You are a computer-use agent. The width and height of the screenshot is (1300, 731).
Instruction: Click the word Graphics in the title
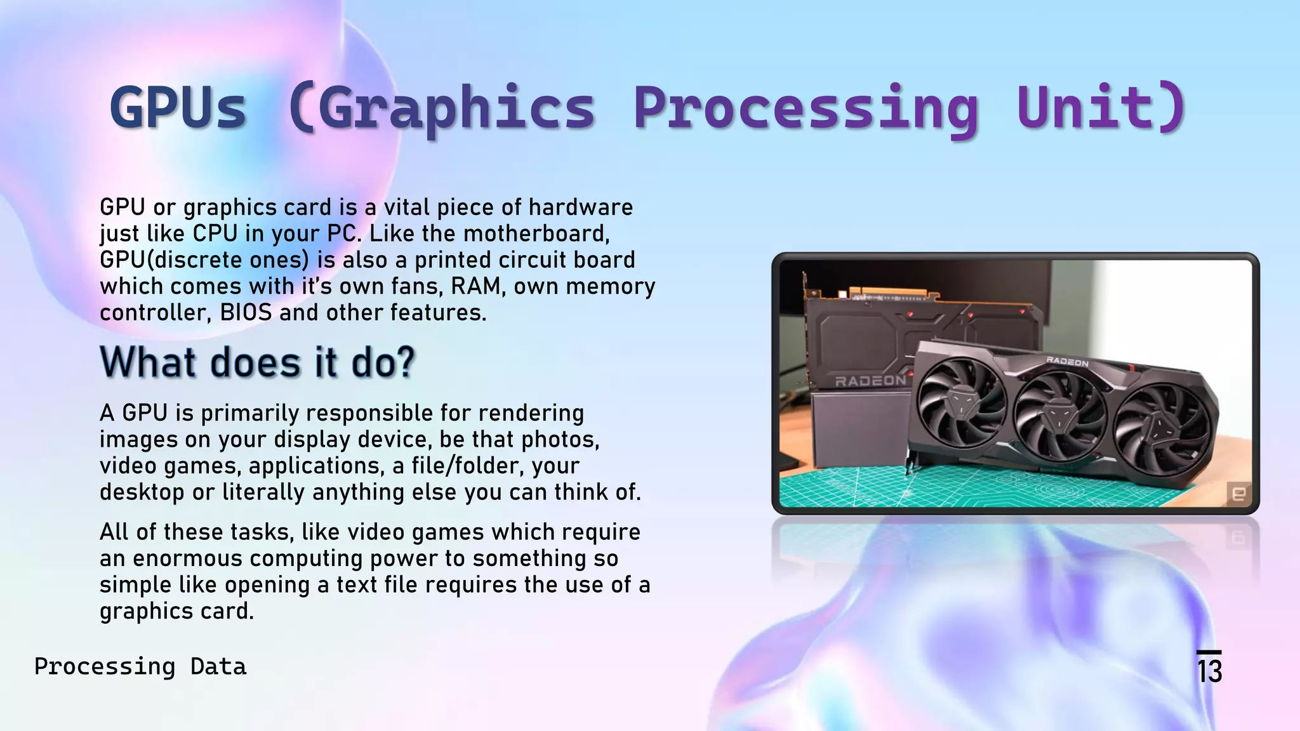pos(442,108)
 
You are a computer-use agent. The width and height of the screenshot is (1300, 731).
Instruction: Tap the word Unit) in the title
pos(1101,108)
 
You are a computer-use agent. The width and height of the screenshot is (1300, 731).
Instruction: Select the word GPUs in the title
pos(178,108)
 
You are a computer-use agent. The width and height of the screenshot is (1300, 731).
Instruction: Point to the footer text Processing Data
pos(140,666)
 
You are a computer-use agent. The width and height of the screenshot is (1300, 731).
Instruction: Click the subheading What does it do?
pos(257,362)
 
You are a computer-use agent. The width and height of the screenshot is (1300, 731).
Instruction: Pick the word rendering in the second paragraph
pos(531,413)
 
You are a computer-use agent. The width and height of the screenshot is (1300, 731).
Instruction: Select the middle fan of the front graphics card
pos(1059,416)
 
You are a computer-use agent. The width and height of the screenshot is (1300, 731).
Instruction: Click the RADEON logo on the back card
pos(870,381)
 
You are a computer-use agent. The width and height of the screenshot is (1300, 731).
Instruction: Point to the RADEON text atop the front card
pos(1067,362)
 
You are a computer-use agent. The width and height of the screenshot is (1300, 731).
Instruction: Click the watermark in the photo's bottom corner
pos(1238,493)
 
